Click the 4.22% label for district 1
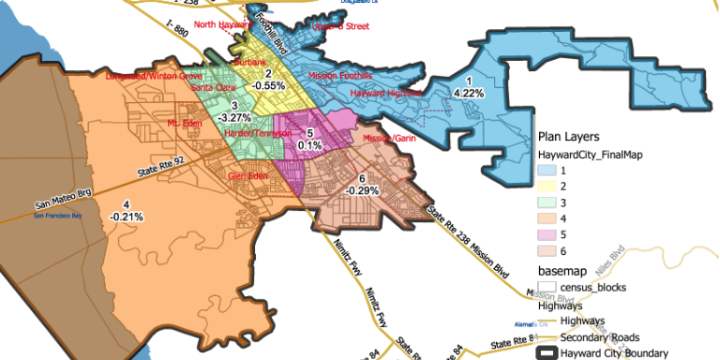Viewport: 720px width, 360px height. [468, 93]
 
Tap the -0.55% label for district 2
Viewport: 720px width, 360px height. [268, 84]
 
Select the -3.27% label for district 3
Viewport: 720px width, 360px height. [234, 118]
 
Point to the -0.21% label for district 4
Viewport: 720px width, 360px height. [126, 217]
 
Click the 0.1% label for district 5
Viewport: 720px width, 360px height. [310, 145]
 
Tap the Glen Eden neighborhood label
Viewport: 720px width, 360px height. [248, 175]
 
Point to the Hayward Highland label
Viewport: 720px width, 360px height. [384, 94]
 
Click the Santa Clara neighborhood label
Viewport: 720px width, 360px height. [213, 87]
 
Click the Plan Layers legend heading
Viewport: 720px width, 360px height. [569, 137]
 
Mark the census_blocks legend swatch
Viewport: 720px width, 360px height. [547, 286]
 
